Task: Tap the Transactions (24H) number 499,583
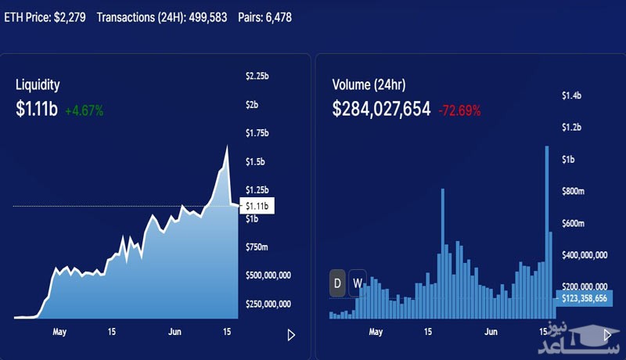[x=203, y=16]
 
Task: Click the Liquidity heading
[x=38, y=85]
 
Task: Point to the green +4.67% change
[x=84, y=110]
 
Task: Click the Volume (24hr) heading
[x=369, y=85]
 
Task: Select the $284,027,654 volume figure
[x=381, y=110]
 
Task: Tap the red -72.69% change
[x=461, y=110]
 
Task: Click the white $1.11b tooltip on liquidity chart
[x=257, y=206]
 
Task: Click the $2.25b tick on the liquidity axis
[x=257, y=76]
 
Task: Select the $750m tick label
[x=257, y=247]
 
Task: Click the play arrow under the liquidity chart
[x=291, y=335]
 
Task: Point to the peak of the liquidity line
[x=228, y=146]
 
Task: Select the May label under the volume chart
[x=376, y=332]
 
